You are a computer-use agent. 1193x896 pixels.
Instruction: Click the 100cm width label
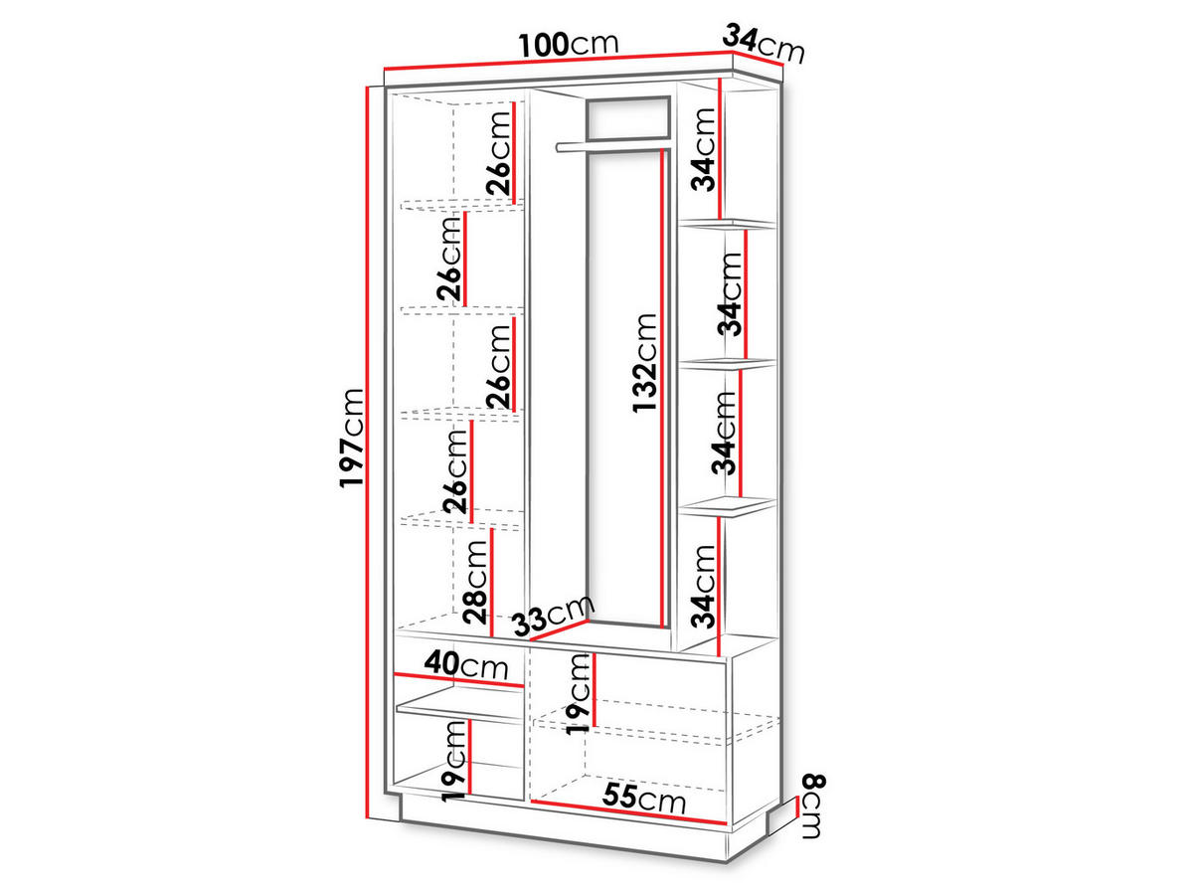569,44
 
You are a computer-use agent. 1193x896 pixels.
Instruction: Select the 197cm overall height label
351,438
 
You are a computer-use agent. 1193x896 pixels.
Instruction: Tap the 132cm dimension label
645,363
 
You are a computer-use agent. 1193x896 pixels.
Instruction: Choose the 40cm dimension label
466,664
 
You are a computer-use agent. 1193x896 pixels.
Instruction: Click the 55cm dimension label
644,799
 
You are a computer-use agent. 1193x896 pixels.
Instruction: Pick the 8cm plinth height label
813,806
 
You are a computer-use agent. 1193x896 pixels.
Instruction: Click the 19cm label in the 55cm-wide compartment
578,694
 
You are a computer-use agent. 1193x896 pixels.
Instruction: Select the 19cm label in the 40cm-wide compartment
453,761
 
